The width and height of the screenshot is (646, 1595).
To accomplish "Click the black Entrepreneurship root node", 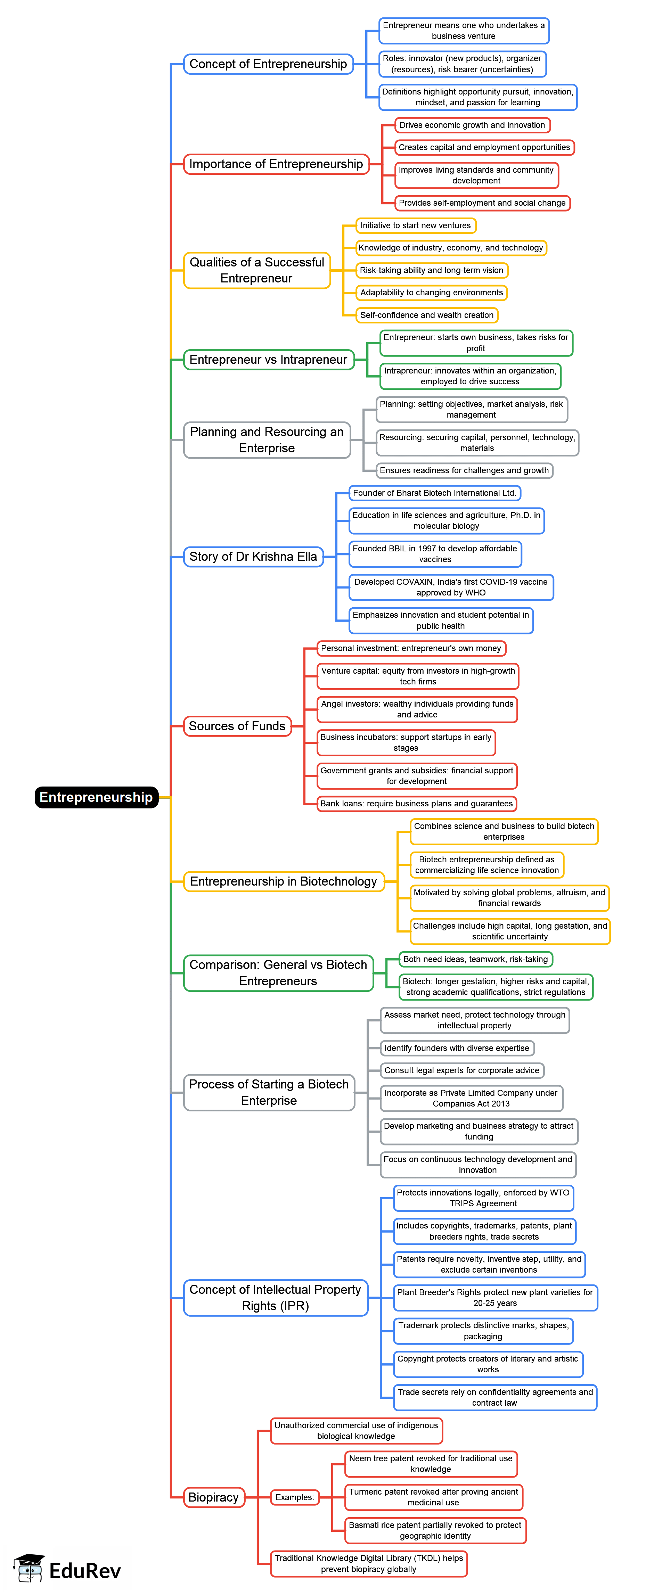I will point(96,797).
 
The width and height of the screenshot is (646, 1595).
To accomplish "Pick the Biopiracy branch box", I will point(214,1497).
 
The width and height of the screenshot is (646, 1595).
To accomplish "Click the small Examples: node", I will point(295,1497).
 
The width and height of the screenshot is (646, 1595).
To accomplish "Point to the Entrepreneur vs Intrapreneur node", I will point(268,360).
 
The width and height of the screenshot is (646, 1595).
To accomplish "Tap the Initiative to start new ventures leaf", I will point(416,225).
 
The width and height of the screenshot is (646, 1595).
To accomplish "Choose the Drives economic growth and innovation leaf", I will point(472,125).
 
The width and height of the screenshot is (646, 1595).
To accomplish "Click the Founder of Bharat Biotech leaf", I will point(434,493).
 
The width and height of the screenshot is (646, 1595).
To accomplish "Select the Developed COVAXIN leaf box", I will point(451,587).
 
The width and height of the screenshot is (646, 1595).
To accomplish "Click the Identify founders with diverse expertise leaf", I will point(457,1048).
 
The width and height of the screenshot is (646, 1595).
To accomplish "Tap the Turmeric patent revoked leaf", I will point(434,1497).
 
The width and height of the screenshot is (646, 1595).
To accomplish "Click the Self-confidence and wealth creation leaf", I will point(427,315).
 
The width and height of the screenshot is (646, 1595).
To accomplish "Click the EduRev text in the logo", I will point(85,1571).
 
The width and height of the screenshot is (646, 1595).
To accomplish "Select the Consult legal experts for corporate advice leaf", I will point(461,1070).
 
